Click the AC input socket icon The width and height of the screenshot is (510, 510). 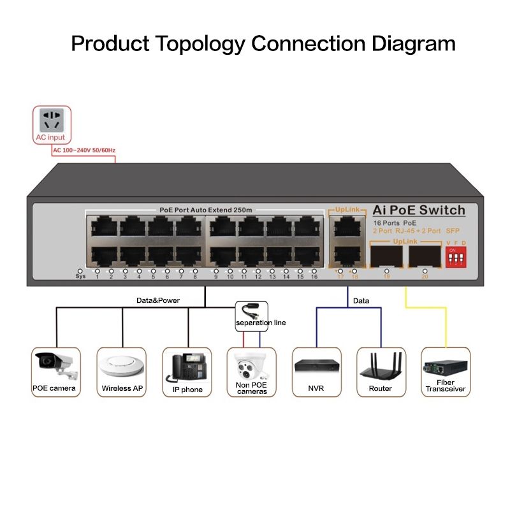coord(52,120)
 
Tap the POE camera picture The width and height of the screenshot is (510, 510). coord(56,365)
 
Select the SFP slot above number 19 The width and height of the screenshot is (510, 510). coord(386,256)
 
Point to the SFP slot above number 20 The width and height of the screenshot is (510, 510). coord(425,256)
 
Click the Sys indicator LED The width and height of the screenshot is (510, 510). coord(80,270)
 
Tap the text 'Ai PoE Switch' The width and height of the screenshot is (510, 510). coord(419,210)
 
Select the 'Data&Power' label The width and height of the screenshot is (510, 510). coord(158,300)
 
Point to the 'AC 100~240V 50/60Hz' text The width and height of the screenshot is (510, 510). coord(84,150)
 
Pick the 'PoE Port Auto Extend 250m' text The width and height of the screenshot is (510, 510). coord(205,210)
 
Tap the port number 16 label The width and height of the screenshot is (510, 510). coord(314,277)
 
